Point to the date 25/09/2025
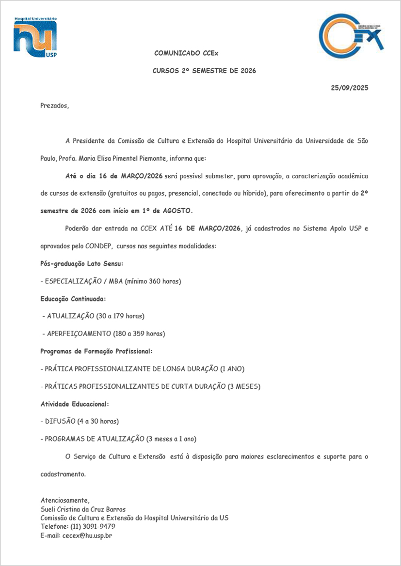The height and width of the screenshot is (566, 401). (350, 88)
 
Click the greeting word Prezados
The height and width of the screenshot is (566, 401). (54, 105)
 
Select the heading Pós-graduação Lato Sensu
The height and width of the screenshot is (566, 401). (81, 264)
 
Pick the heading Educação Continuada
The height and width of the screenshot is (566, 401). (73, 299)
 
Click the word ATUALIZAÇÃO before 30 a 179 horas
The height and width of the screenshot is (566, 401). (71, 316)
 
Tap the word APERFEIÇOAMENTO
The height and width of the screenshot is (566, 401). (79, 334)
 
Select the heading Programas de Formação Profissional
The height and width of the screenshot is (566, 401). (96, 351)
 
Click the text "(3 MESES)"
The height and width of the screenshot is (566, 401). (244, 386)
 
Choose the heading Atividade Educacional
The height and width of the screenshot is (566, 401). (74, 404)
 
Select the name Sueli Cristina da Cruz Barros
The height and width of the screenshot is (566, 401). (83, 509)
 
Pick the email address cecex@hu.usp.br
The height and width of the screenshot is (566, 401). (87, 535)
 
